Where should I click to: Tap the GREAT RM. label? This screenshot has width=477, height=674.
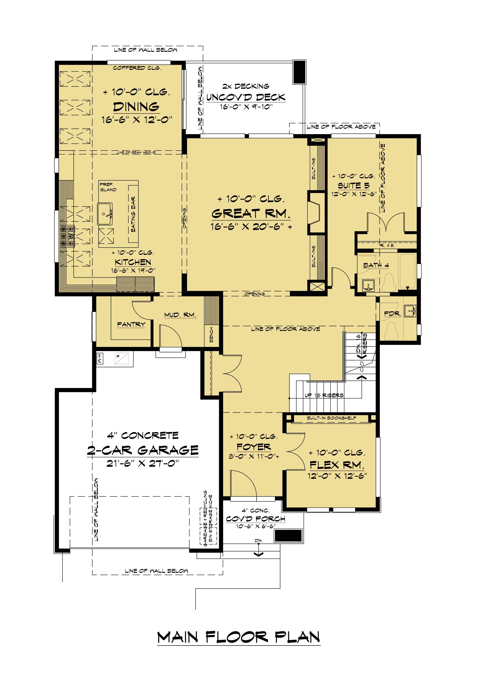251,214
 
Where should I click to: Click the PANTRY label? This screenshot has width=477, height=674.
131,324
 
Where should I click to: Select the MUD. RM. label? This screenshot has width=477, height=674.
180,315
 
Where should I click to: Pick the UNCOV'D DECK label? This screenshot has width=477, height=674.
246,97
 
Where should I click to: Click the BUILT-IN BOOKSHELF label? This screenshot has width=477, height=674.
332,418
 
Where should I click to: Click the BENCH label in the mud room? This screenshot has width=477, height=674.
211,334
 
